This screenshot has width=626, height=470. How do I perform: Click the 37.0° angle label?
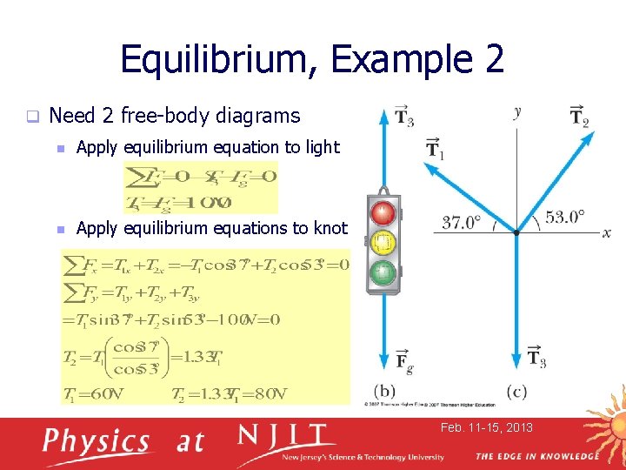coord(462,222)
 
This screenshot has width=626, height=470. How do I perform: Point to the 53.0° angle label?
coord(565,216)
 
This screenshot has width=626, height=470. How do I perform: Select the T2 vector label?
coord(580,116)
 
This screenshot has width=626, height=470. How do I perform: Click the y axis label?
coord(517,111)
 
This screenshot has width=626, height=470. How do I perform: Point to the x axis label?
coord(606,233)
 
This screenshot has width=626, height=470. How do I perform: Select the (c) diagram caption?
coord(516,391)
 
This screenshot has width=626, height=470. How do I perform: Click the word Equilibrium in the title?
coord(221,59)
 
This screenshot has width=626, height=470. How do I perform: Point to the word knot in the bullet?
coord(331,228)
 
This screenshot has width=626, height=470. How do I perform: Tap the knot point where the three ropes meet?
coord(516,232)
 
